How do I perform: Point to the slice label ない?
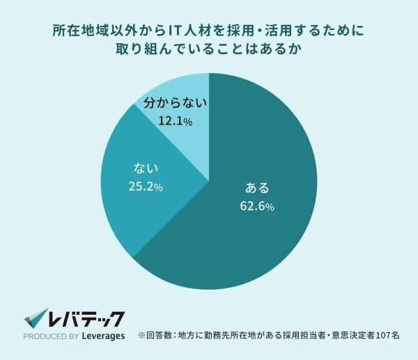click(145, 169)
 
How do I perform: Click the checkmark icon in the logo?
click(36, 319)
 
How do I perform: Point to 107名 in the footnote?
click(386, 335)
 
